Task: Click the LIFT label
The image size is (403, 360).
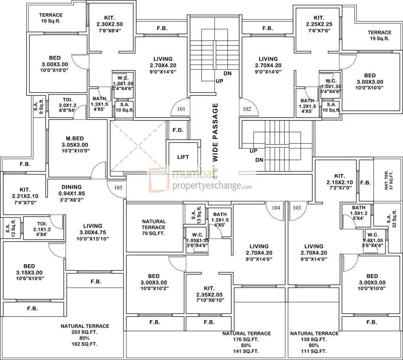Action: tap(183, 157)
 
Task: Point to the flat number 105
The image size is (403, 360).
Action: tap(117, 187)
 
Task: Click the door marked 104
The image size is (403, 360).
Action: tap(276, 208)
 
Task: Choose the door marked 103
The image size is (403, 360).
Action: tap(297, 208)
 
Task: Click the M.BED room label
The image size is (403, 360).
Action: tap(75, 139)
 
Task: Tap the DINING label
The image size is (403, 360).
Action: tap(72, 187)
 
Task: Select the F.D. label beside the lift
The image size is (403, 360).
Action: tap(178, 130)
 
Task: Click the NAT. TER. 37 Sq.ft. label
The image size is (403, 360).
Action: tap(388, 180)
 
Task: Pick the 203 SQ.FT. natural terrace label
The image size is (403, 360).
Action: tap(85, 332)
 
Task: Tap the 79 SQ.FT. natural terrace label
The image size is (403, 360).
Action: tap(154, 233)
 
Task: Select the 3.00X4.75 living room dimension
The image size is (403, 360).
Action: tap(93, 232)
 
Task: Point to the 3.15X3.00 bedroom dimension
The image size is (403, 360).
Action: tap(29, 272)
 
